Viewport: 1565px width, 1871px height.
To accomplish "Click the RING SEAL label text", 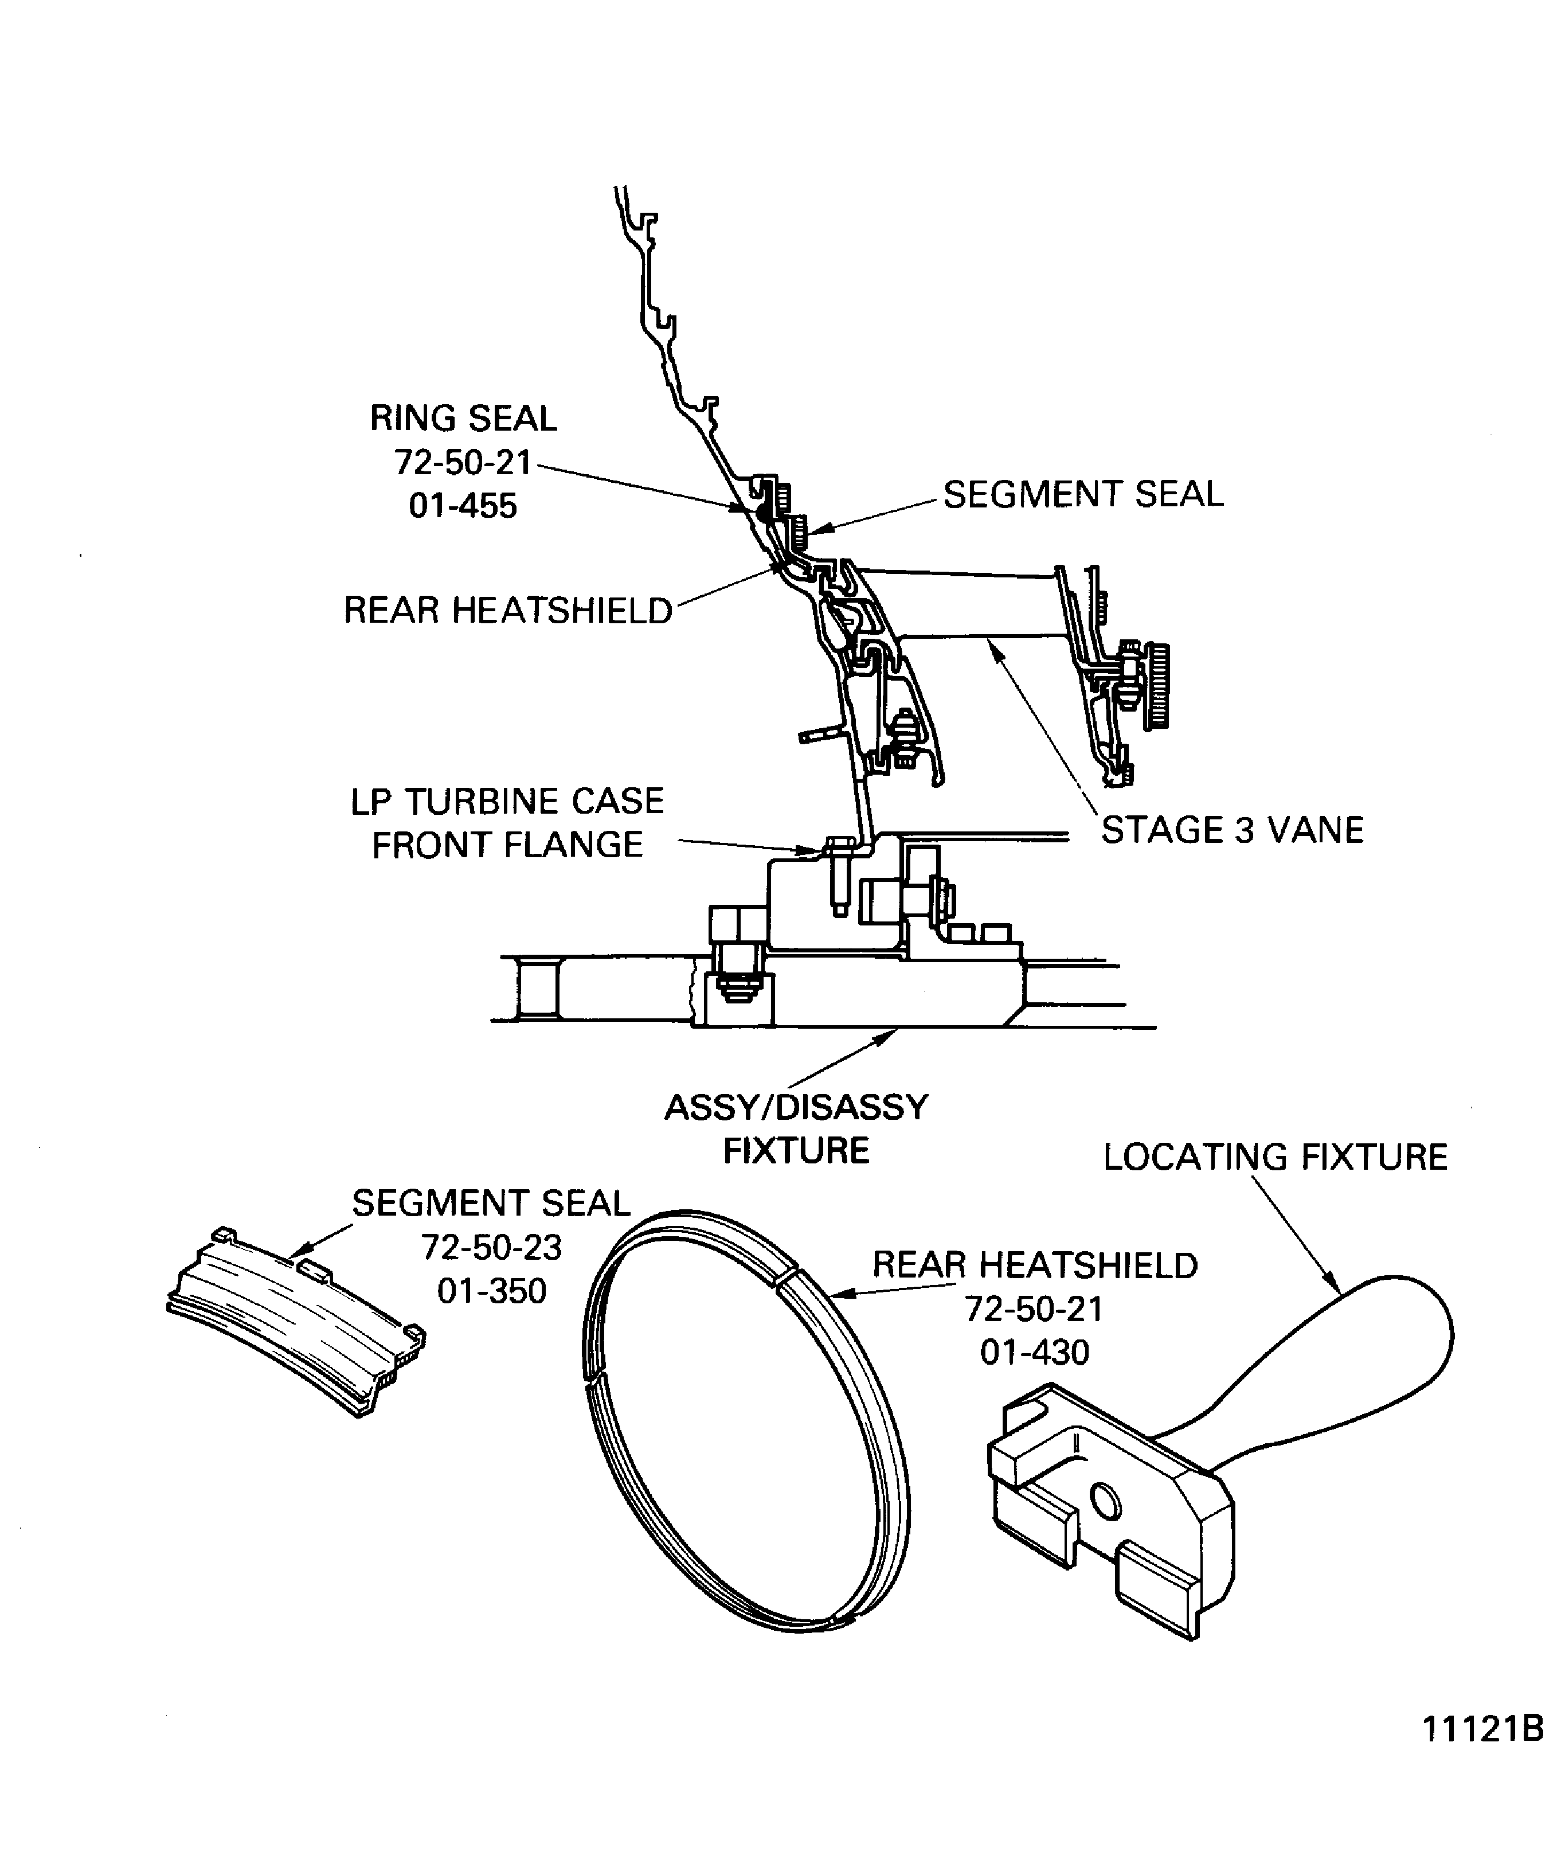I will click(x=463, y=418).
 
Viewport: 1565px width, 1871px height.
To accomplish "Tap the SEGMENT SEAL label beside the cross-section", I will click(x=1082, y=494).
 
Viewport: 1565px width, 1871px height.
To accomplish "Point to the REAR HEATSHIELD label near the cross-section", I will click(x=508, y=610).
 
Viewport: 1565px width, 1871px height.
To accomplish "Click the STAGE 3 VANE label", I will click(x=1232, y=830).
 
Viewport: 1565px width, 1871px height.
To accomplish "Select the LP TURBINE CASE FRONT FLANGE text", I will click(x=507, y=823).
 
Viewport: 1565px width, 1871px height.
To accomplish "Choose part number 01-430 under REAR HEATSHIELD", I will click(x=1034, y=1353).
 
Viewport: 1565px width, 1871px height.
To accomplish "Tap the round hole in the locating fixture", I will click(x=1106, y=1502).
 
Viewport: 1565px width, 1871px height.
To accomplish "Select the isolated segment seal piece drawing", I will click(x=294, y=1319).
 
